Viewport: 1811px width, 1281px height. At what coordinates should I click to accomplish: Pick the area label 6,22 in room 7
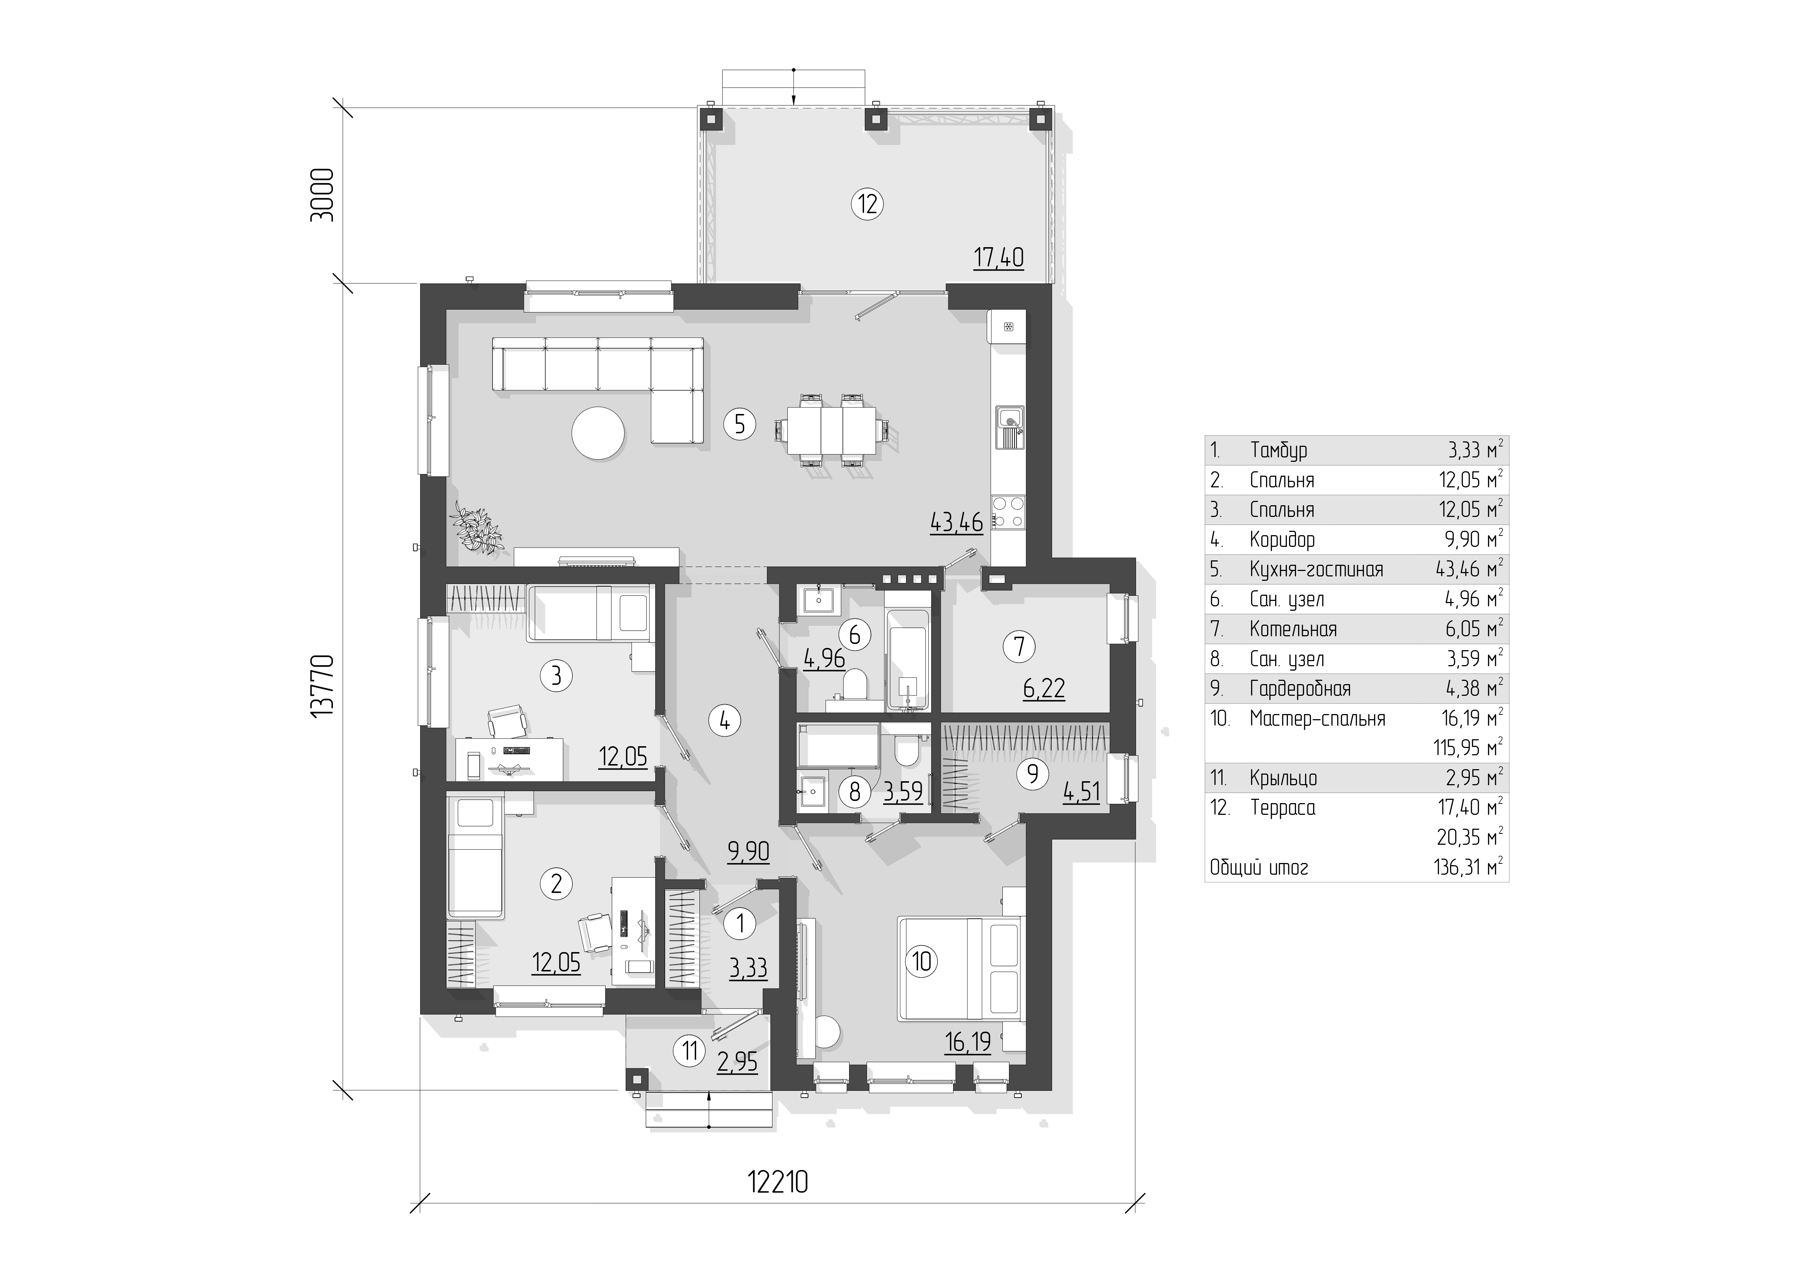1044,689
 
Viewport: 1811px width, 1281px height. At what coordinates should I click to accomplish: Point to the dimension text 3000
322,194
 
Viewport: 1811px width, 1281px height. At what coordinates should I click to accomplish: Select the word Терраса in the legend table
1282,808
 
